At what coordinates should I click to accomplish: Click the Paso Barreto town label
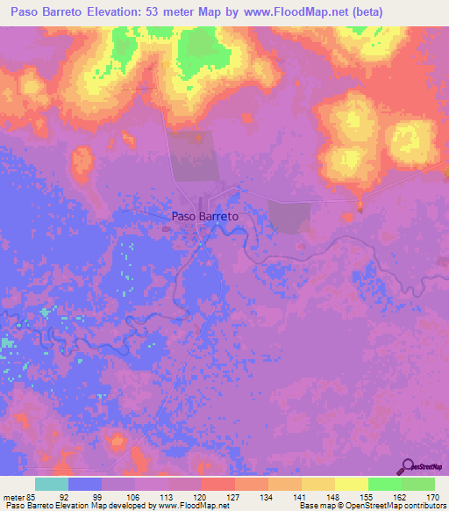point(204,215)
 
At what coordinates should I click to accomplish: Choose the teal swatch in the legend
point(52,484)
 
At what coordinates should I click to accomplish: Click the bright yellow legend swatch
point(352,484)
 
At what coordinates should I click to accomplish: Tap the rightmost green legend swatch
point(418,484)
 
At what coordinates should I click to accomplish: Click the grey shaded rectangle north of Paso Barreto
point(191,156)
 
